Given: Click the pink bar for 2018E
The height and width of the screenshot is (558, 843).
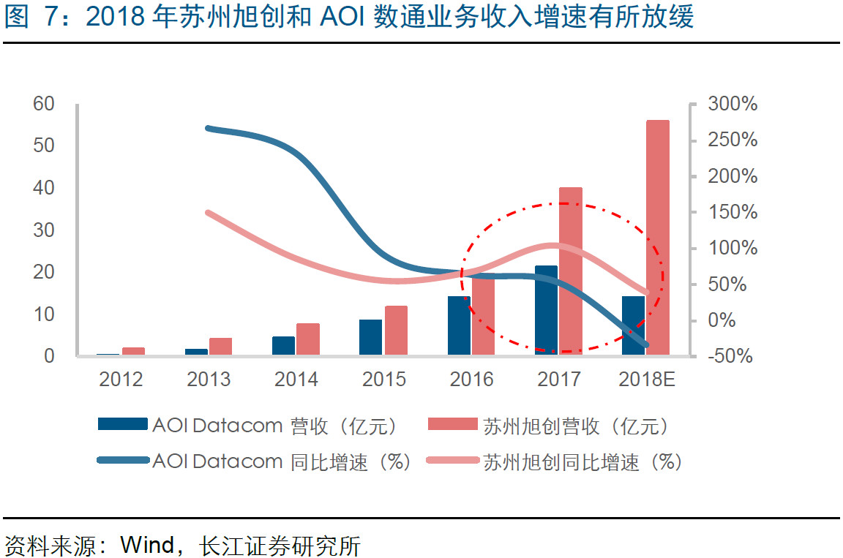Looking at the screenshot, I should (657, 238).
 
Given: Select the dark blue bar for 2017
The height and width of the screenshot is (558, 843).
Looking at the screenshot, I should (546, 310).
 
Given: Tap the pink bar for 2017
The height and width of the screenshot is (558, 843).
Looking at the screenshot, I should (571, 271).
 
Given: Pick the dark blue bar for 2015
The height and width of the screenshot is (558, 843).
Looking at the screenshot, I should (370, 337).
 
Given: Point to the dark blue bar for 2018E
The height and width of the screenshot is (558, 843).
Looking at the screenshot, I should (633, 325).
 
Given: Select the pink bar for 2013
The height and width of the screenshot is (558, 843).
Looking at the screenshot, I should (220, 347).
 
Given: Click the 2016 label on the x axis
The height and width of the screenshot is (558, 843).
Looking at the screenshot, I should (471, 379).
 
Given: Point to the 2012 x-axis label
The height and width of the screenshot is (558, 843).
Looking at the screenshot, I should (121, 379).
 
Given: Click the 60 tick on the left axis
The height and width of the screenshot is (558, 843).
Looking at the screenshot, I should (44, 104).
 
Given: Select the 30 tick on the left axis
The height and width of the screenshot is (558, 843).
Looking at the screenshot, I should (44, 230).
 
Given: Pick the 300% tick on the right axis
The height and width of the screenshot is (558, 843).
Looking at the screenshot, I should (733, 104).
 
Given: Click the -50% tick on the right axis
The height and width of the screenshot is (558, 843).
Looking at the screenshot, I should (733, 356).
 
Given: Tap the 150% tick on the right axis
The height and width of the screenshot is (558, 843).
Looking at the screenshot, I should (733, 212).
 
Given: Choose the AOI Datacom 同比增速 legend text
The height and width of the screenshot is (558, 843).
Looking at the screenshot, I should (282, 461).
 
